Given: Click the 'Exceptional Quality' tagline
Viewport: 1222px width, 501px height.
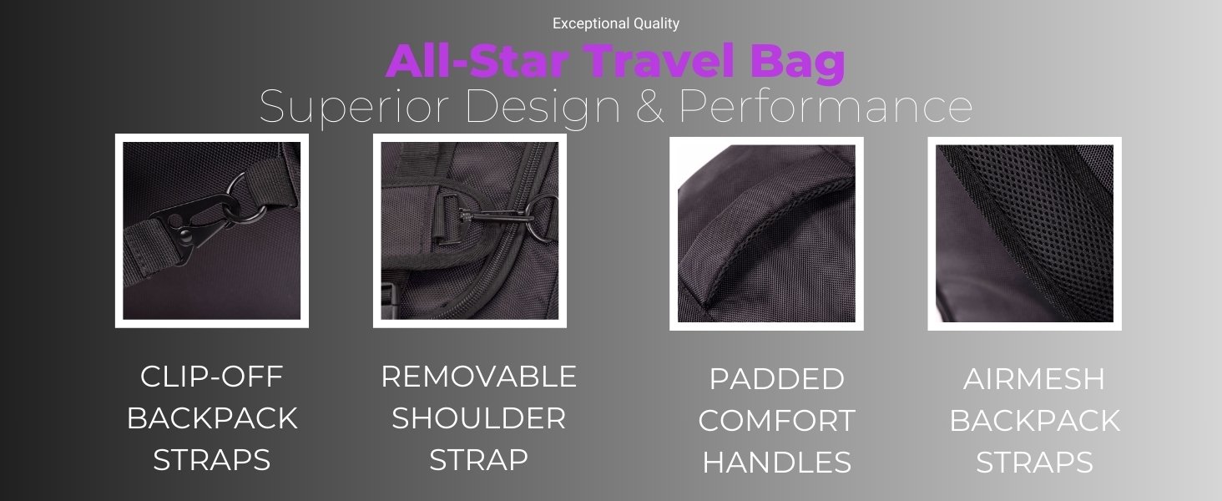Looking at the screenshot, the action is click(616, 23).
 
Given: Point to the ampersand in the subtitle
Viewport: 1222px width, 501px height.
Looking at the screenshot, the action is click(650, 106).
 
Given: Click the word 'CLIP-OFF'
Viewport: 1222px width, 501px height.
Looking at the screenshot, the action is click(212, 377).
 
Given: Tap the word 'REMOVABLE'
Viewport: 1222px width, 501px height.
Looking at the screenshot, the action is click(478, 377).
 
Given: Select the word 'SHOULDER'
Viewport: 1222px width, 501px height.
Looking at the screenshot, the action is click(478, 418).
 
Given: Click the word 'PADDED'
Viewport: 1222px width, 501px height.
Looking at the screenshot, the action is click(777, 379).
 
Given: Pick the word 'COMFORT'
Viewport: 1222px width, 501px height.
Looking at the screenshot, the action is click(777, 420).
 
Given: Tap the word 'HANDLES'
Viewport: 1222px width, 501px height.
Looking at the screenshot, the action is click(777, 463).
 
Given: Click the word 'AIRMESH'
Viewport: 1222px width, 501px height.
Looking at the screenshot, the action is click(1034, 379).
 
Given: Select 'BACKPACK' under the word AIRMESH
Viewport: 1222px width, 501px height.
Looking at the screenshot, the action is click(1034, 420).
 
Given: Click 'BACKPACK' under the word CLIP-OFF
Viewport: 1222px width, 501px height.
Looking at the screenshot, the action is click(212, 418).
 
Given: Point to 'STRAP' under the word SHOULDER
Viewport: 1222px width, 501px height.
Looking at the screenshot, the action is click(478, 460).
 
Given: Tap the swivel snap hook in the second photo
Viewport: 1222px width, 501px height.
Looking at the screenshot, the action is click(493, 216).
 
